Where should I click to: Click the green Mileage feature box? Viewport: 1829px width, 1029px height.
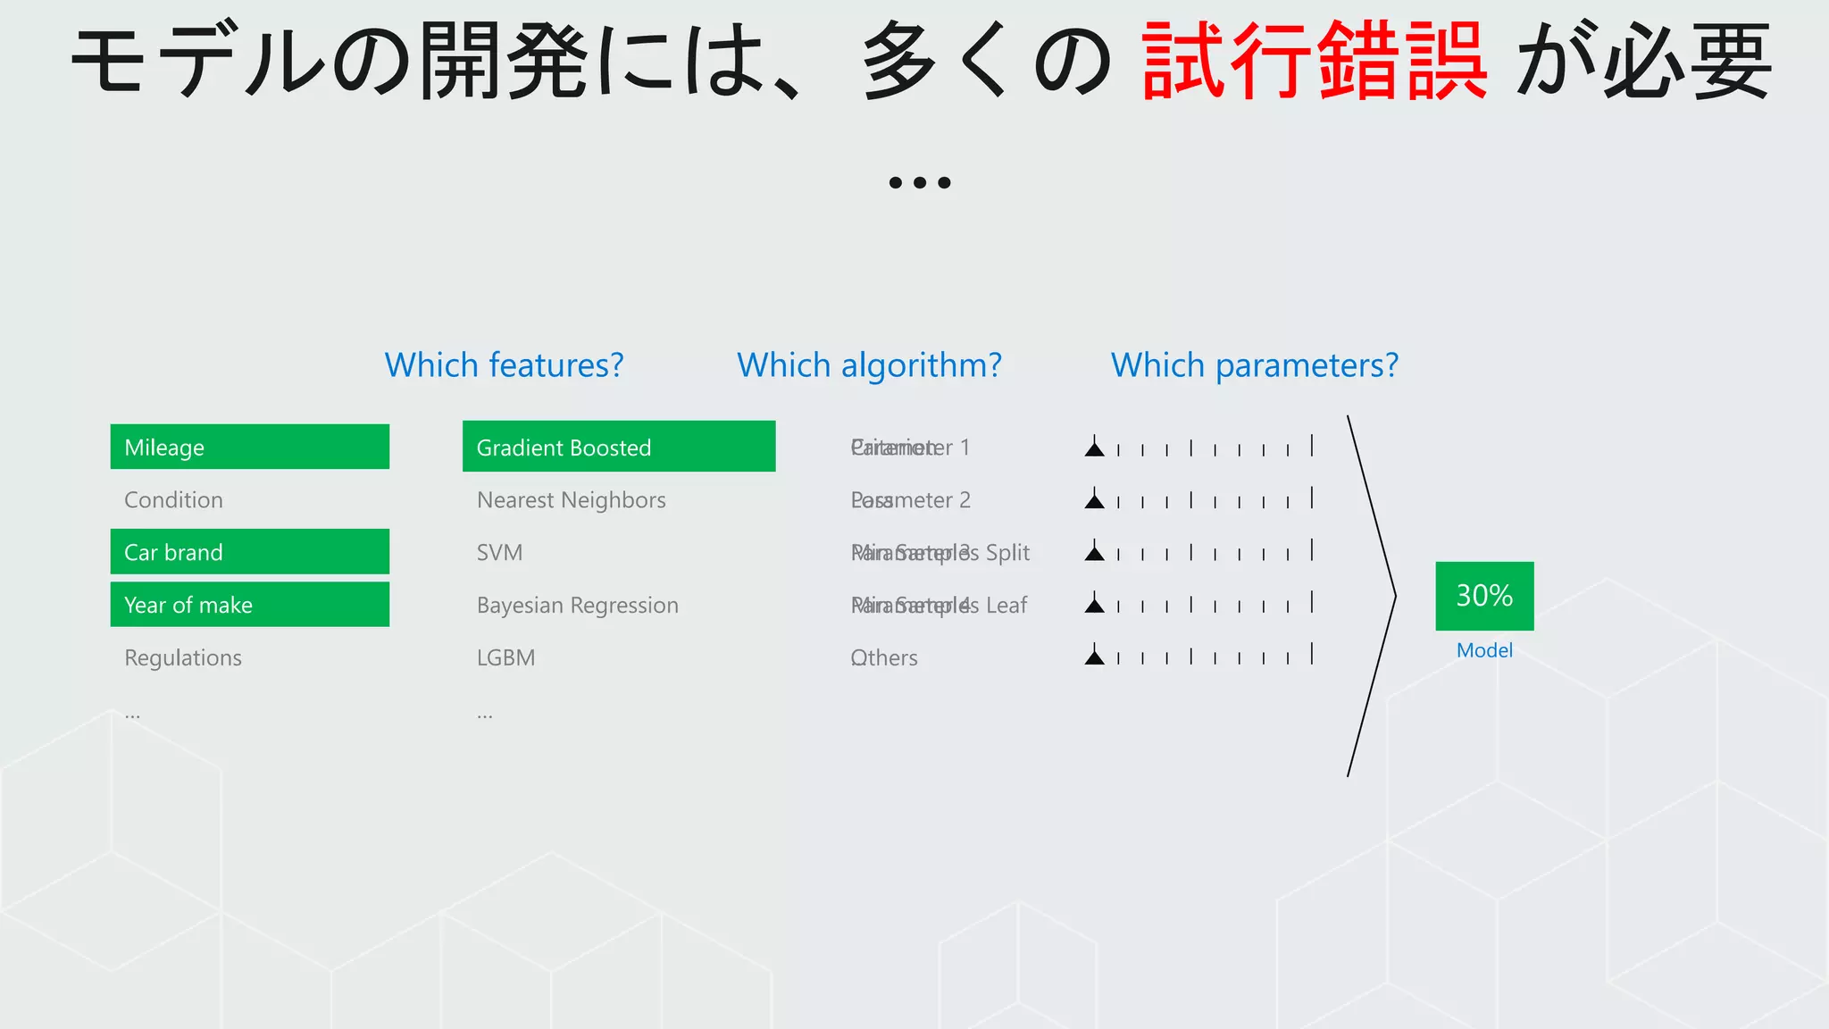pos(249,447)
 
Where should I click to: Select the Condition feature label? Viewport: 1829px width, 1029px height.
pos(174,500)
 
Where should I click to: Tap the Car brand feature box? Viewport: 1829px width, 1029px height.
pos(249,552)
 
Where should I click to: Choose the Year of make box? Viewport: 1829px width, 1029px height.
pos(249,605)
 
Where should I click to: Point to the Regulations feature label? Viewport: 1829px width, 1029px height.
pos(183,658)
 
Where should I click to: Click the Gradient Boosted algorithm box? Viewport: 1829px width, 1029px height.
pos(618,447)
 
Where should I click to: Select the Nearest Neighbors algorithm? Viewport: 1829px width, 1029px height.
pos(572,500)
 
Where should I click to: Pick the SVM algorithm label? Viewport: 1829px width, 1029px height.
pos(499,553)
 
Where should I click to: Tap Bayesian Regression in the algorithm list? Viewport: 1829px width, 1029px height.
pos(578,606)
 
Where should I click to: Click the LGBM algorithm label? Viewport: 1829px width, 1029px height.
pos(505,658)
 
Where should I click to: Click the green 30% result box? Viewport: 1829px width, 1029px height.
pos(1484,596)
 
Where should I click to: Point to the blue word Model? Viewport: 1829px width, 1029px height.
pos(1484,650)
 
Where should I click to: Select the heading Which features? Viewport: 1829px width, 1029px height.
pos(504,365)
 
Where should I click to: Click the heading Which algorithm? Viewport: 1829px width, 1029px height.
pos(869,365)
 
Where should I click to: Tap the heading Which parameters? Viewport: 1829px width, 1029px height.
pos(1254,365)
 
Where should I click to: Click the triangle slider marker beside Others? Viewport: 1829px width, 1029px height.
pos(1094,657)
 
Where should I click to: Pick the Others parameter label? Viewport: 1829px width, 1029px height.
pos(884,658)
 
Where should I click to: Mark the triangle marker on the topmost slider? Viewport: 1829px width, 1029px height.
pos(1094,448)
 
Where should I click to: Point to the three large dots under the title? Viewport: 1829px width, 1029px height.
pos(920,182)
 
